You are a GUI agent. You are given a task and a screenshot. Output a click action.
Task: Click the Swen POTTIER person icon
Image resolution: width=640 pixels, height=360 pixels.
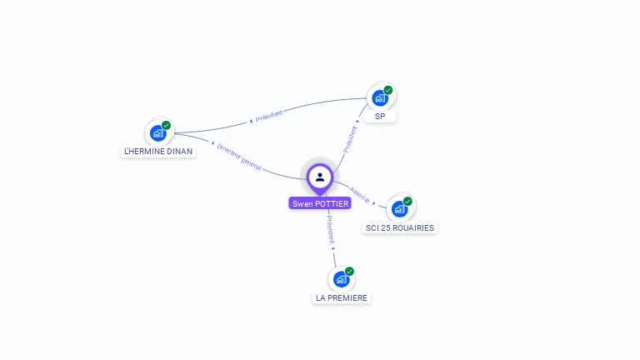coord(320,177)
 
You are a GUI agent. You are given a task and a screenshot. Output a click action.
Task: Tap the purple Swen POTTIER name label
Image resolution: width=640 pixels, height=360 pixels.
coord(320,203)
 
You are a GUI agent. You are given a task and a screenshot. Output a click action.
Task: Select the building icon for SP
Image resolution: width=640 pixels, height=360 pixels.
coord(380,97)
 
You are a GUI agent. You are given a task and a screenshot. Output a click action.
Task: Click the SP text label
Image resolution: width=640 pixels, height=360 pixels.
coord(380,117)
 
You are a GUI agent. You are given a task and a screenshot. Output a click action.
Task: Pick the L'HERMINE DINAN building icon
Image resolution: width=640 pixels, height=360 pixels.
coord(157,132)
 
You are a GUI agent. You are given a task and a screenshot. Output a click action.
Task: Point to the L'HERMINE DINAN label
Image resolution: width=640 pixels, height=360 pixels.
coord(158,152)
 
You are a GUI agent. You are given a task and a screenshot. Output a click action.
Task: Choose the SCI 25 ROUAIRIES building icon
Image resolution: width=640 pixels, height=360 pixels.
coord(399,208)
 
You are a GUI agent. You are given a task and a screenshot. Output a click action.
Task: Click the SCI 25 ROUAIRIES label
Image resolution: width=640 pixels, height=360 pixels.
coord(400,227)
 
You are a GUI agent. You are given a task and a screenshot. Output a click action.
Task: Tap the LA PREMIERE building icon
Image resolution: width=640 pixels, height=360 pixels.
coord(341,278)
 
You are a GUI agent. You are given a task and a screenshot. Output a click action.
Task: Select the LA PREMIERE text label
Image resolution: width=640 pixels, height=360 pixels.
coord(342,297)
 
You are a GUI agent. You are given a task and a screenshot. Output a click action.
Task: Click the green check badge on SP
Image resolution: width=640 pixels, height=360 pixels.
coord(388,90)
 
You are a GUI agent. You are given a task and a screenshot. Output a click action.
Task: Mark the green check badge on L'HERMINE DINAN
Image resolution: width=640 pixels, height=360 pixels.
coord(166,125)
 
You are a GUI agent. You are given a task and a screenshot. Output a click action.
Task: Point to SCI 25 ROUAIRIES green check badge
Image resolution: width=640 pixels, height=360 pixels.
coord(407,201)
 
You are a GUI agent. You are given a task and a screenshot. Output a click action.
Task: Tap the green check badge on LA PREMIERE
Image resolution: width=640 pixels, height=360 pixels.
coord(349,271)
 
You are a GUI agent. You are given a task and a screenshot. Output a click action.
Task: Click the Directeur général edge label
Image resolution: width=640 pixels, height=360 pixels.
coord(239,156)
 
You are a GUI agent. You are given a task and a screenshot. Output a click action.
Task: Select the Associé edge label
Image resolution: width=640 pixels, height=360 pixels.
coord(361,194)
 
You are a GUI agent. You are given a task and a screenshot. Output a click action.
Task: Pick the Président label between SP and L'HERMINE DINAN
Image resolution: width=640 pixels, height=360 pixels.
coord(269,116)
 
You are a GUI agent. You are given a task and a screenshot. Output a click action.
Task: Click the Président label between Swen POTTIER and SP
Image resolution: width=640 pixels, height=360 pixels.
coord(352,137)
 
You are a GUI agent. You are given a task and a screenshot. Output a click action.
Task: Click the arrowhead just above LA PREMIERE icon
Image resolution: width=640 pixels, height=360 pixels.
coord(333,248)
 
